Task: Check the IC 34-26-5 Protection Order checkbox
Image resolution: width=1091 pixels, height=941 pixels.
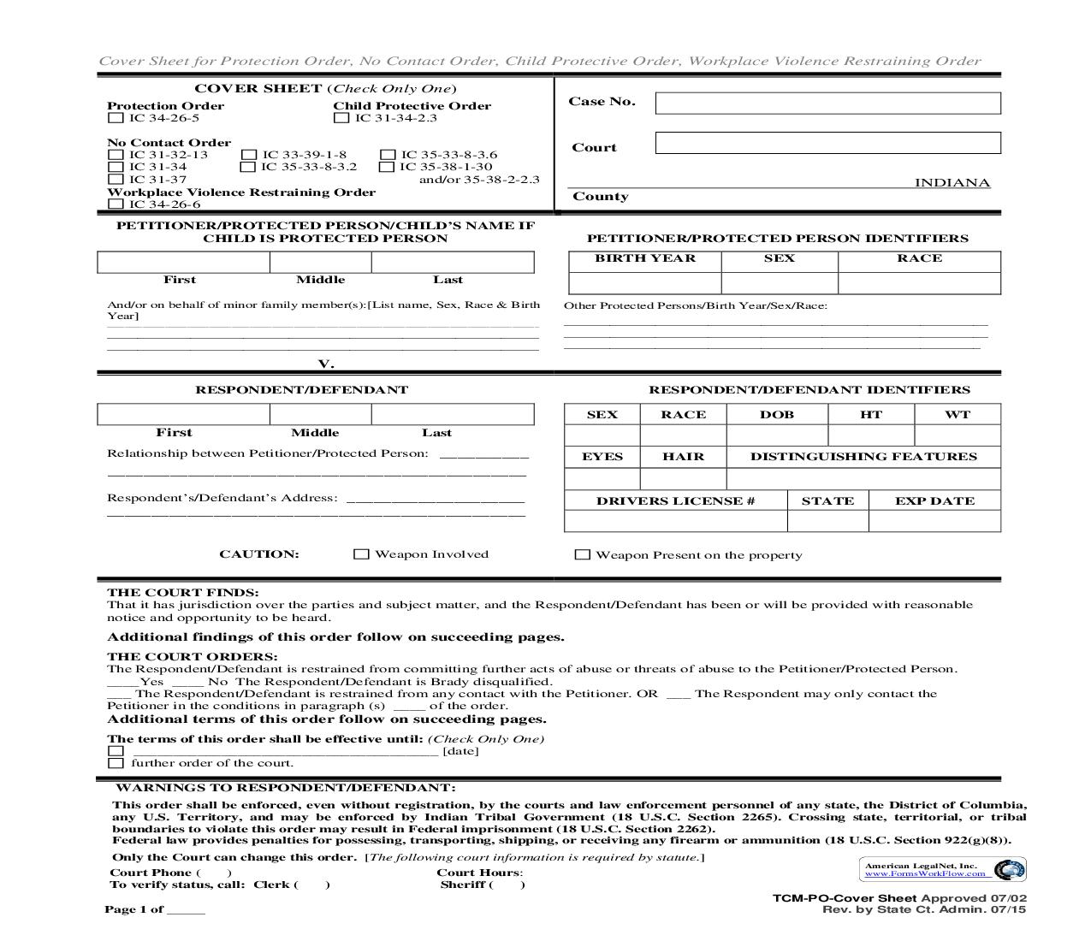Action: tap(116, 118)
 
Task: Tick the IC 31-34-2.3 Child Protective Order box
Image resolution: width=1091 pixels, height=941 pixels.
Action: tap(341, 118)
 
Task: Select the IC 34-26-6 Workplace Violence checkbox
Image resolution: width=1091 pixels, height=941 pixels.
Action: tap(116, 204)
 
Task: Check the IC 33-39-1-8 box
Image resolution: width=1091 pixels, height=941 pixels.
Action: tap(249, 155)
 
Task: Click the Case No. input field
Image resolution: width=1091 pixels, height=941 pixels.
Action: tap(827, 104)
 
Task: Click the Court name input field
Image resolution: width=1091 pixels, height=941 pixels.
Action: tap(827, 143)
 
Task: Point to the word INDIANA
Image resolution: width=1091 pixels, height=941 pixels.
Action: tap(952, 183)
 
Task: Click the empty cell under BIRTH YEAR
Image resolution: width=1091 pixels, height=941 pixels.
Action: tap(645, 283)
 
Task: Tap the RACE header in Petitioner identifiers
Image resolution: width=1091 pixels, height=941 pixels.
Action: tap(919, 258)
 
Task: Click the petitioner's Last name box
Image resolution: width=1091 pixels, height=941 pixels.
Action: tap(453, 262)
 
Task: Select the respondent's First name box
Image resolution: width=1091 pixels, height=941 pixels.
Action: tap(183, 415)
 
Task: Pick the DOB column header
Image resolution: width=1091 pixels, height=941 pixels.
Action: tap(777, 415)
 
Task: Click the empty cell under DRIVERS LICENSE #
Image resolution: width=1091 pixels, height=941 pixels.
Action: tap(675, 521)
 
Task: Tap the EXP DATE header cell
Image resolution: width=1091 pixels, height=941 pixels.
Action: tap(934, 501)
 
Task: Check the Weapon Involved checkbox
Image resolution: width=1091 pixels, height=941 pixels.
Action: tap(361, 554)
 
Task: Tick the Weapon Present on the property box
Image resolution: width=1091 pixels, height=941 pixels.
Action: tap(583, 555)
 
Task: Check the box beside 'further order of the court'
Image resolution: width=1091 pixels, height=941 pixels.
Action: tap(116, 763)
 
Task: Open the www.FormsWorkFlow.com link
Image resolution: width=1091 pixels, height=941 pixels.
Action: tap(924, 874)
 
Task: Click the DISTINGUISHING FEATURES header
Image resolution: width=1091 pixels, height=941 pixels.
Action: tap(863, 457)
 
